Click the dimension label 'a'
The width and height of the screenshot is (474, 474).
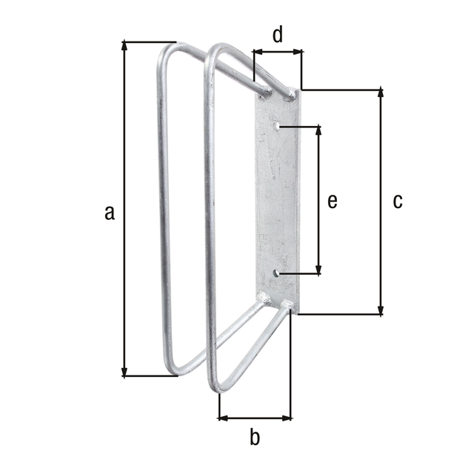coord(110,213)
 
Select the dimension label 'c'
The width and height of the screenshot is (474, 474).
coord(398,201)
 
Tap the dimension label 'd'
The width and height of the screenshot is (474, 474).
coord(277,35)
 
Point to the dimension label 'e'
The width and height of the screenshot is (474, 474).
coord(333,201)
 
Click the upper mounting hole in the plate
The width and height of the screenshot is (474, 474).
coord(277,127)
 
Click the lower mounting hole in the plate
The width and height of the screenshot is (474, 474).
coord(276,274)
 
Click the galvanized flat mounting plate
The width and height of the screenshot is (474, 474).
coord(277,200)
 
